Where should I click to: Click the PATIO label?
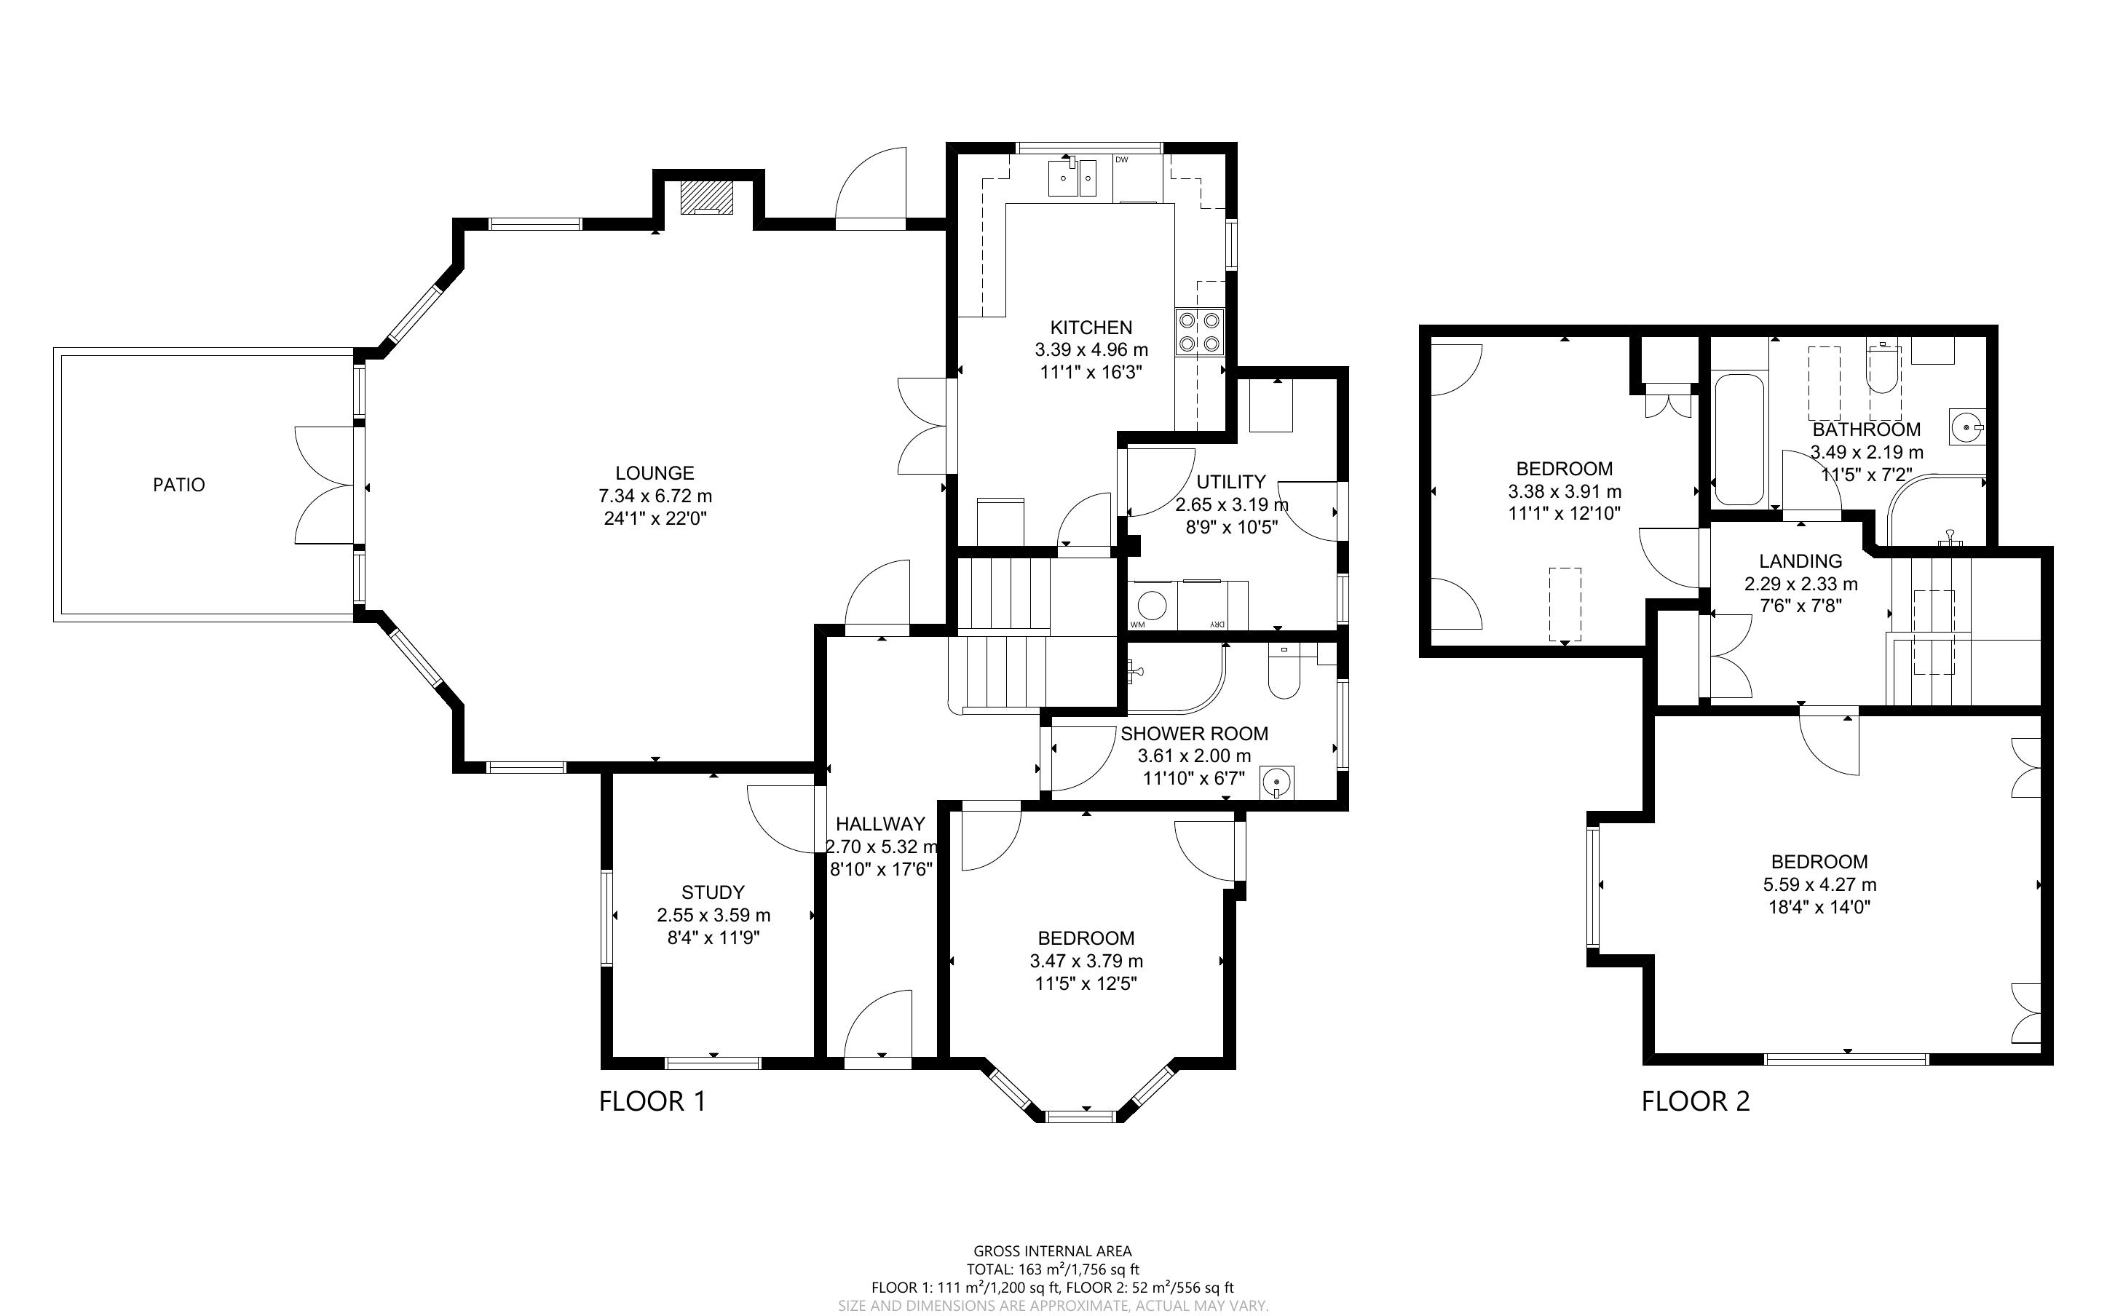(179, 485)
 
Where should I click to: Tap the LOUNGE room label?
(655, 473)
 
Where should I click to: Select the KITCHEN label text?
(1091, 328)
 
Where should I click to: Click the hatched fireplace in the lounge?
(707, 197)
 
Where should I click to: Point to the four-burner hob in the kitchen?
(1199, 333)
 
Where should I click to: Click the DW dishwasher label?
(1122, 160)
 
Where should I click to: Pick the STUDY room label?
(713, 892)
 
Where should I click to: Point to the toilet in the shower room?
(1284, 671)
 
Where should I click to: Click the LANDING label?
(1800, 561)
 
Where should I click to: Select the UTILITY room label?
(1230, 482)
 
